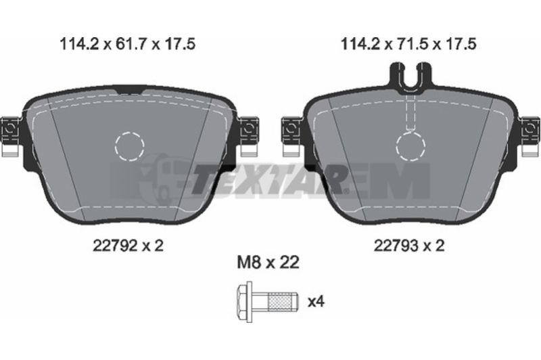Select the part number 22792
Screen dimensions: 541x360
pyautogui.click(x=115, y=246)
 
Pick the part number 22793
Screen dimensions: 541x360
pyautogui.click(x=396, y=246)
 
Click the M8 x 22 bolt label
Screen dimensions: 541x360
pyautogui.click(x=268, y=263)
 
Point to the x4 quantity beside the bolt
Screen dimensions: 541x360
pyautogui.click(x=316, y=302)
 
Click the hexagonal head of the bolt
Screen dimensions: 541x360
pyautogui.click(x=244, y=302)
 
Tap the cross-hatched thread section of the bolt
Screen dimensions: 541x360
pyautogui.click(x=279, y=302)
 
